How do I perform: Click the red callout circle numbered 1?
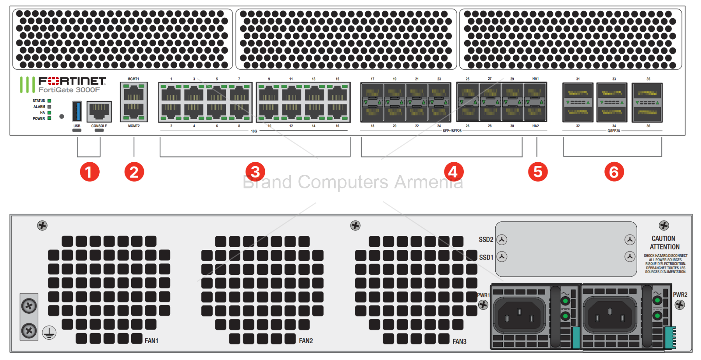pyautogui.click(x=90, y=172)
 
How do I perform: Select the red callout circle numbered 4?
pyautogui.click(x=454, y=172)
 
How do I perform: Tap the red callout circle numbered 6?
pyautogui.click(x=614, y=172)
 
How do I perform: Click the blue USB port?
pyautogui.click(x=77, y=111)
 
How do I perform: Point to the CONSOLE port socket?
pyautogui.click(x=99, y=111)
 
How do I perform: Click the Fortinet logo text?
pyautogui.click(x=72, y=81)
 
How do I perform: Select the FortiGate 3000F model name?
pyautogui.click(x=69, y=90)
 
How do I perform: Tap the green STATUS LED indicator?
pyautogui.click(x=49, y=101)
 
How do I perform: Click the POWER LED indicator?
pyautogui.click(x=49, y=118)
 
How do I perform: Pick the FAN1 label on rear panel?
pyautogui.click(x=151, y=341)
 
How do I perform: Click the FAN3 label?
pyautogui.click(x=459, y=341)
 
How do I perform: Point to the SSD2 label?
pyautogui.click(x=486, y=239)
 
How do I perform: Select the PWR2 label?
pyautogui.click(x=680, y=295)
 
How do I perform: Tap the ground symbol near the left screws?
pyautogui.click(x=49, y=333)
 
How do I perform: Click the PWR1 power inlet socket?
pyautogui.click(x=519, y=315)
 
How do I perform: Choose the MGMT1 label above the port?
pyautogui.click(x=133, y=79)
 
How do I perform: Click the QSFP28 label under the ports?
pyautogui.click(x=613, y=131)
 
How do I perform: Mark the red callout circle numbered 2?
pyautogui.click(x=134, y=172)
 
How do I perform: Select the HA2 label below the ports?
pyautogui.click(x=535, y=126)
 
